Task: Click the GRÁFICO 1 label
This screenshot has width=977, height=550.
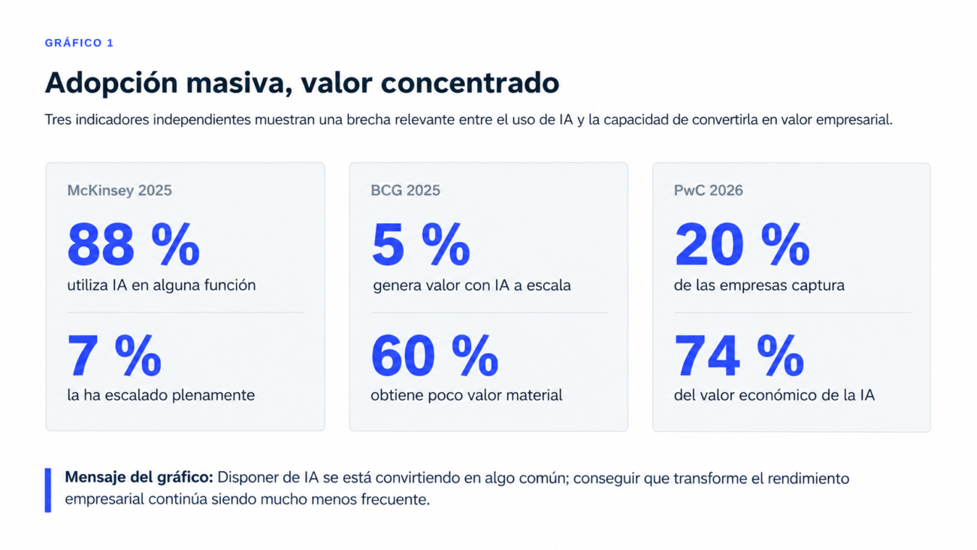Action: click(x=79, y=43)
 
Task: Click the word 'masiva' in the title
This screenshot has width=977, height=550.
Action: click(x=240, y=83)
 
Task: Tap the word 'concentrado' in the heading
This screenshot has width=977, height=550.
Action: click(x=470, y=83)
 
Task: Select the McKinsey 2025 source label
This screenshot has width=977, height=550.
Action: click(x=119, y=191)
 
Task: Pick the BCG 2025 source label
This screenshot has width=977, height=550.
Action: click(x=405, y=191)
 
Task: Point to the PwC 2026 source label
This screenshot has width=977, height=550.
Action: click(x=708, y=191)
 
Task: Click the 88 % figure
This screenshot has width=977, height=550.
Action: click(x=134, y=244)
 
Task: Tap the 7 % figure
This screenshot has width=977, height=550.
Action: click(x=114, y=355)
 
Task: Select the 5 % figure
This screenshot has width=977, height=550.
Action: click(x=421, y=244)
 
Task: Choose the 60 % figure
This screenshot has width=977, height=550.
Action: click(x=434, y=355)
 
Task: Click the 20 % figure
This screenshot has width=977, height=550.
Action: click(x=742, y=244)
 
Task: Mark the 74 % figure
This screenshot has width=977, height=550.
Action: click(x=740, y=355)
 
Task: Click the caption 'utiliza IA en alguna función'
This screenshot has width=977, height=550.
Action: click(x=162, y=286)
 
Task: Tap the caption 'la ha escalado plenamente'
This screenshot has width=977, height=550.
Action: click(x=161, y=395)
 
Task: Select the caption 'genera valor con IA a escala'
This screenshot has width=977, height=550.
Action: click(x=472, y=286)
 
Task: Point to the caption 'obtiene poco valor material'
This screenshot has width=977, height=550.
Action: click(x=467, y=395)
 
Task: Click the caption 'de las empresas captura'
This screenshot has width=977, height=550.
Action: click(x=759, y=286)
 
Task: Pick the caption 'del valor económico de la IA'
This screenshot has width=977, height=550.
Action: click(x=774, y=395)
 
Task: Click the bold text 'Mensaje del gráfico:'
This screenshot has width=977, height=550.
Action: click(x=139, y=478)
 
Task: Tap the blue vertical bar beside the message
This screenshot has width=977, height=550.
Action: click(x=48, y=490)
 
